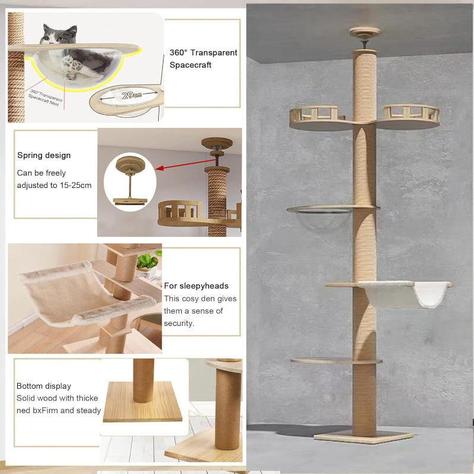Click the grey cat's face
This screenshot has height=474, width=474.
(59, 35)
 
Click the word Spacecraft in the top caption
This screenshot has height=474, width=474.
(190, 65)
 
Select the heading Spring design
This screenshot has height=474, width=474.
(44, 155)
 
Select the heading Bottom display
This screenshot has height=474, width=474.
(44, 386)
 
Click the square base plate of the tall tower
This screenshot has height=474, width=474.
(363, 437)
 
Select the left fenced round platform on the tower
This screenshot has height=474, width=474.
(317, 118)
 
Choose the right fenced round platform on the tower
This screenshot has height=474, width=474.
(410, 117)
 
